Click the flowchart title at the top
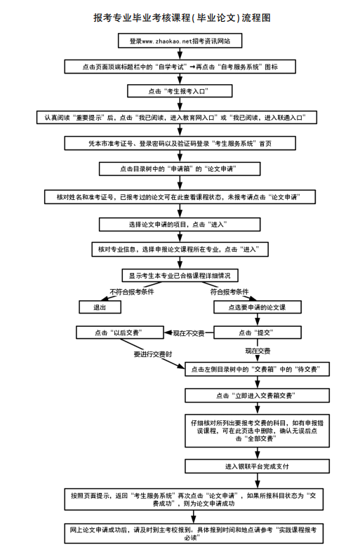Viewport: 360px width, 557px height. tap(180, 16)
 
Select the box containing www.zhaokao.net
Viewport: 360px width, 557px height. tap(180, 41)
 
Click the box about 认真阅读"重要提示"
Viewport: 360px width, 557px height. tap(180, 116)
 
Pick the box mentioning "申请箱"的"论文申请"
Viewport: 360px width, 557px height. tap(180, 169)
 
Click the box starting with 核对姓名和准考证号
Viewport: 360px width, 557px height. tap(180, 197)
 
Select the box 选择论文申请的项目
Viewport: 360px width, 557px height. tap(180, 224)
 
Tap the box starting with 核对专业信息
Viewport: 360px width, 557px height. tap(180, 249)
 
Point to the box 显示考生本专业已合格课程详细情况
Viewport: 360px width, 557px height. tap(180, 274)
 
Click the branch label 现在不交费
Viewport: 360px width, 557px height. tap(187, 332)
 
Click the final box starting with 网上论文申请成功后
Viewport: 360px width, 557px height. tap(180, 533)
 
